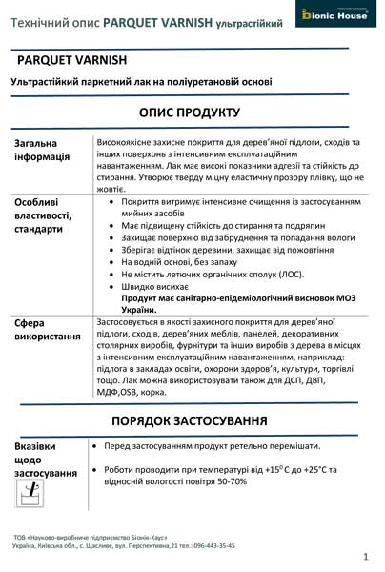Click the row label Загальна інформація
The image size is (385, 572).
tap(42, 150)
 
